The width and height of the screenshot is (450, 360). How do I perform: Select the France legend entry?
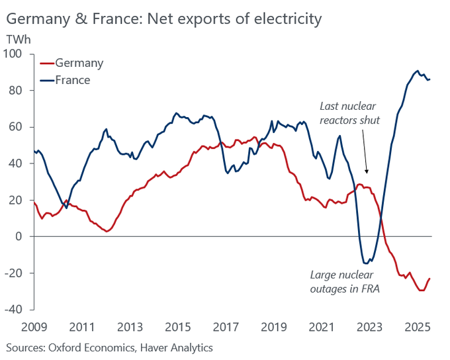73,80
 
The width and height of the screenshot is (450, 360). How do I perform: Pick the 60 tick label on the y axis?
15,127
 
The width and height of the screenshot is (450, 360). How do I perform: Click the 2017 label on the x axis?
226,327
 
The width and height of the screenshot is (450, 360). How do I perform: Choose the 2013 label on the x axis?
130,327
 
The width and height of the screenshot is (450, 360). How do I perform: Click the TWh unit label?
18,39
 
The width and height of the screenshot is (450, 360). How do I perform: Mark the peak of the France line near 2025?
417,71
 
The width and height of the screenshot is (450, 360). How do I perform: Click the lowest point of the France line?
366,263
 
